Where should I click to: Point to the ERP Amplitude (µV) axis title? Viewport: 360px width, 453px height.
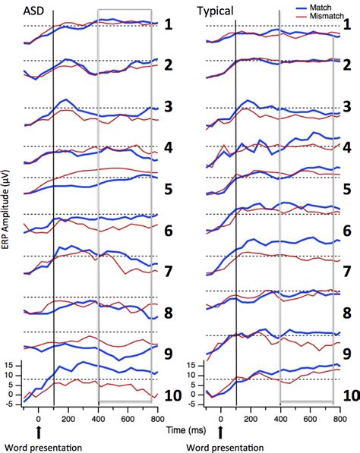pos(7,213)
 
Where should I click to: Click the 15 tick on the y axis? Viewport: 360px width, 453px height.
pos(9,365)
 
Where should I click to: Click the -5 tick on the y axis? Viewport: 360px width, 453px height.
pos(8,404)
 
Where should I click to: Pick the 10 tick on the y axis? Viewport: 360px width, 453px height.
pos(9,375)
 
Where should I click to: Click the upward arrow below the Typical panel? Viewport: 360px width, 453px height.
pos(221,433)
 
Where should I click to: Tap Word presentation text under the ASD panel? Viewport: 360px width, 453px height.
pos(33,447)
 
